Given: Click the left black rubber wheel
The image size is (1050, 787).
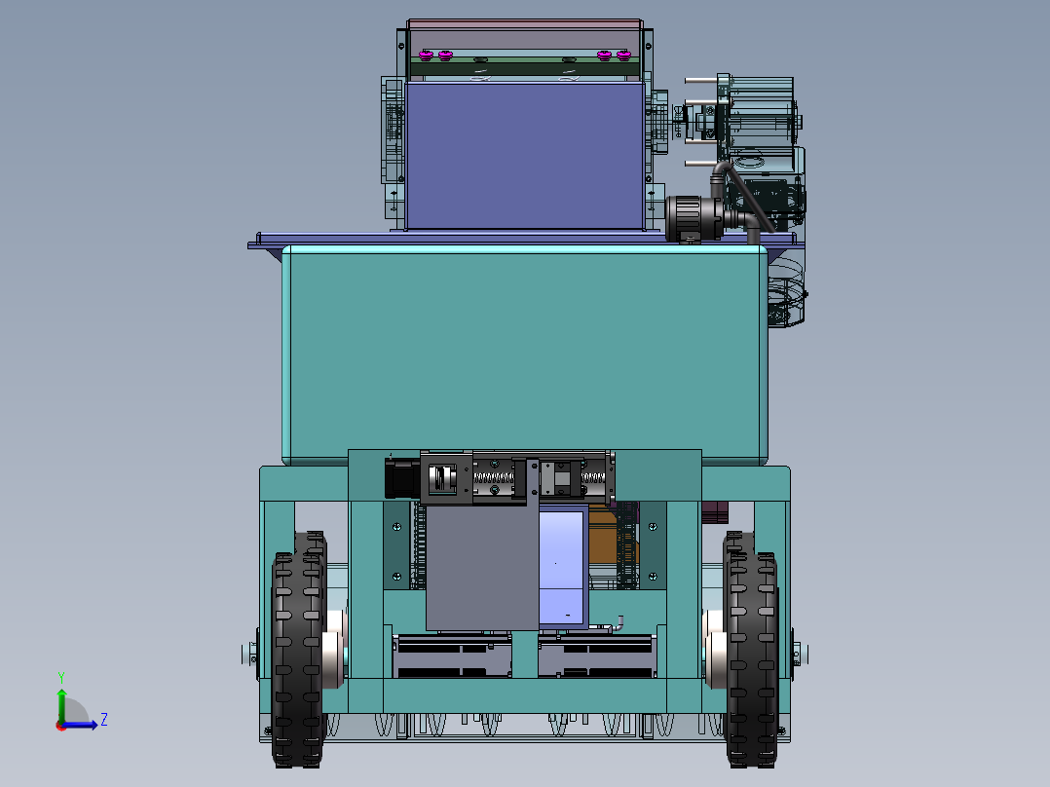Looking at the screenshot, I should click(298, 653).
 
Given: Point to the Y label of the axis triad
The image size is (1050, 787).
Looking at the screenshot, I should click(60, 676).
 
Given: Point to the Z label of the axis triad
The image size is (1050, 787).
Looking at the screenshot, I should click(103, 720).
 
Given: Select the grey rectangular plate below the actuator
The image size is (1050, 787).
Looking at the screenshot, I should click(481, 569).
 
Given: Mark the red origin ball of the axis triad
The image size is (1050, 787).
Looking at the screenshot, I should click(60, 725).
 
